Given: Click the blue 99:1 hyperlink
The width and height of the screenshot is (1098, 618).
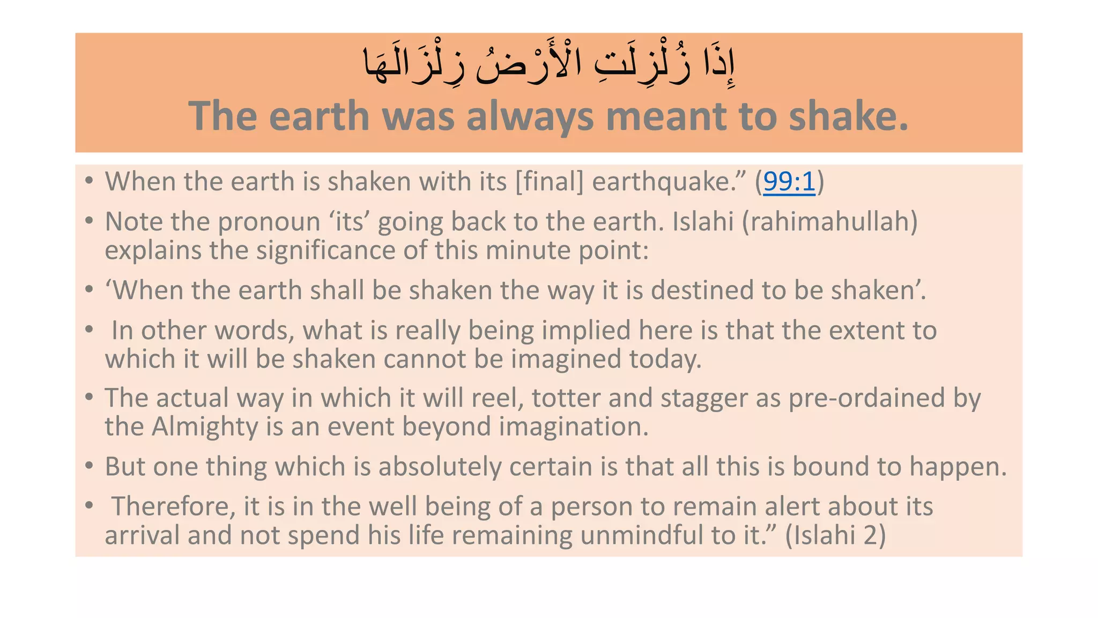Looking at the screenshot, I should (789, 182).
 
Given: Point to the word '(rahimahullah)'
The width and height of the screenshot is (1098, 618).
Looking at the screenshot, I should (830, 222).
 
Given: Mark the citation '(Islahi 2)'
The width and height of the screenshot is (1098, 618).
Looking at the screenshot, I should (835, 535).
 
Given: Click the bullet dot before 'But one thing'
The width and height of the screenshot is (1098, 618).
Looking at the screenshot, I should (90, 465).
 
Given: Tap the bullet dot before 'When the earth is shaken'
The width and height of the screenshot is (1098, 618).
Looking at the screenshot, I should (90, 180).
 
